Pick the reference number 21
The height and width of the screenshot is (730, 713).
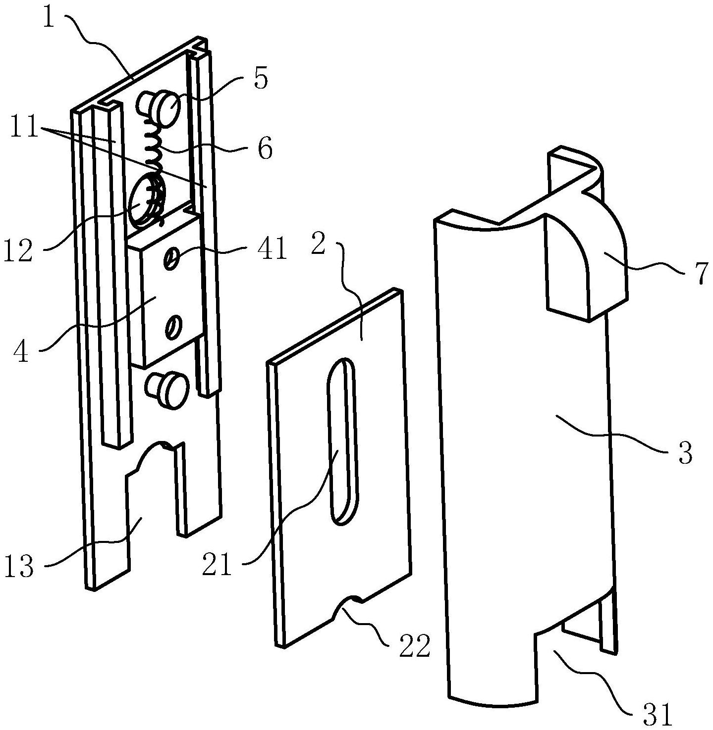point(217,565)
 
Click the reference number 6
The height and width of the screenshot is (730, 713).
point(265,148)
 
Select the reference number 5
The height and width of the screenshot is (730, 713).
point(261,79)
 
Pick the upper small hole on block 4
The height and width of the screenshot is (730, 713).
point(171,259)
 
